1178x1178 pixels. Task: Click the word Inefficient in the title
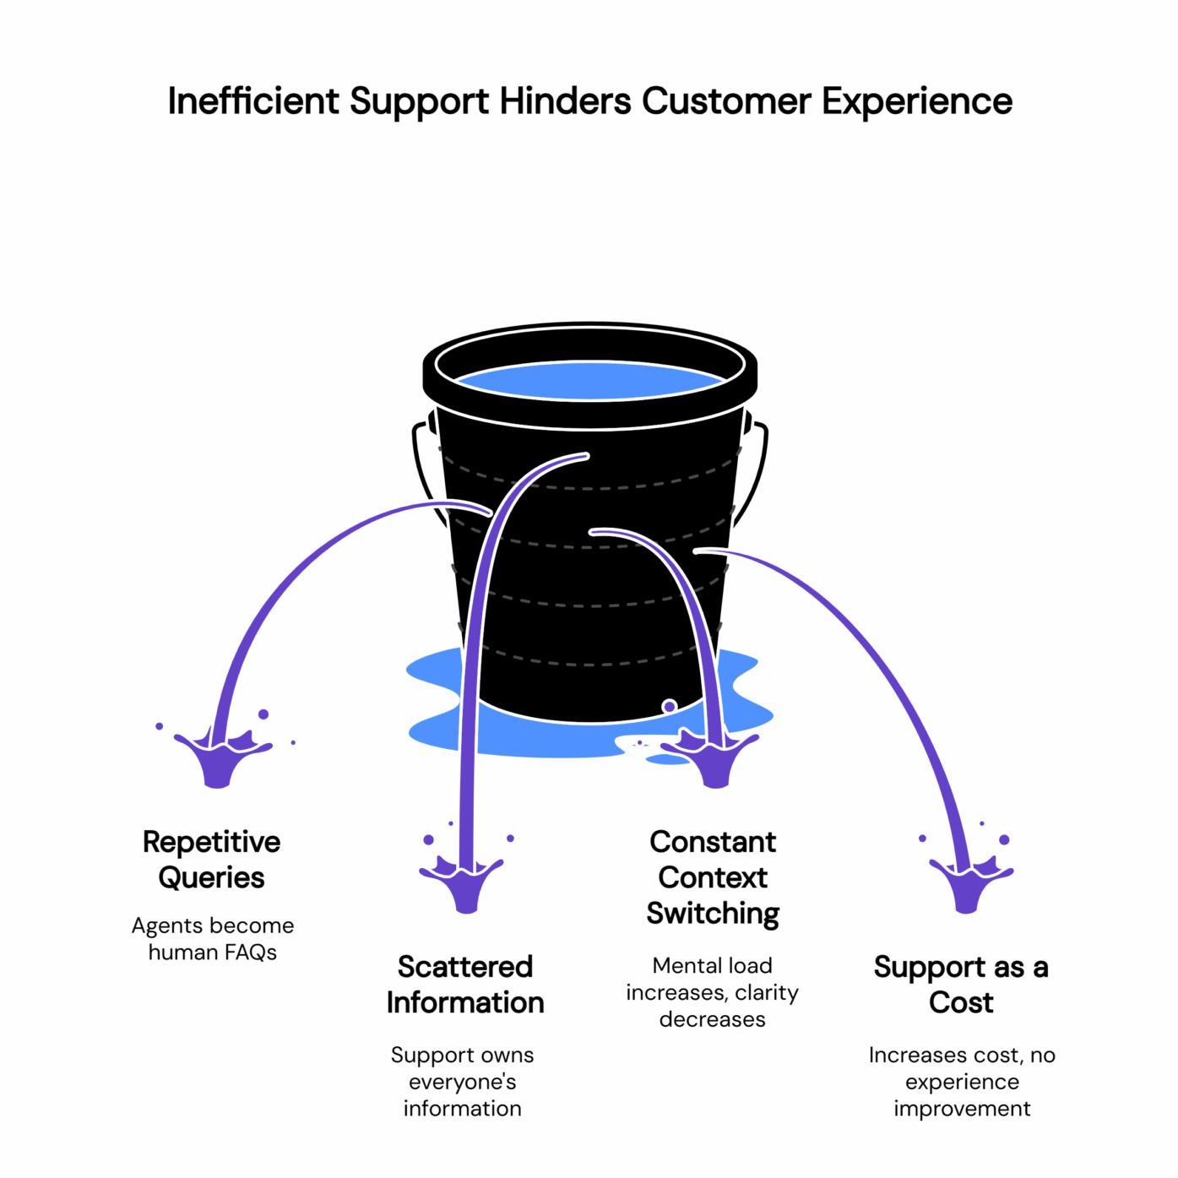(253, 101)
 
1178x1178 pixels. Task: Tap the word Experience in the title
(917, 101)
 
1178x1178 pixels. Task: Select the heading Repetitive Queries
(211, 860)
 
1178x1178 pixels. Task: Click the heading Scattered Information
(465, 985)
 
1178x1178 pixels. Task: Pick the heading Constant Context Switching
(713, 877)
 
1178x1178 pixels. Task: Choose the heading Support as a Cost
(961, 985)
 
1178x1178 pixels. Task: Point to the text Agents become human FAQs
(212, 939)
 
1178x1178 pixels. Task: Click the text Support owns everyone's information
(462, 1082)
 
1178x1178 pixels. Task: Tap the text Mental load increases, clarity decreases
(712, 992)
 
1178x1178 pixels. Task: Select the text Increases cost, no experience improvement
(962, 1082)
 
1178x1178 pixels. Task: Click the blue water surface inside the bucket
(589, 381)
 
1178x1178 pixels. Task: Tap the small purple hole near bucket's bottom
(670, 706)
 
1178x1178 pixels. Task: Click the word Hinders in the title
(565, 101)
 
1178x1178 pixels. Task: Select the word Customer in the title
(726, 101)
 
